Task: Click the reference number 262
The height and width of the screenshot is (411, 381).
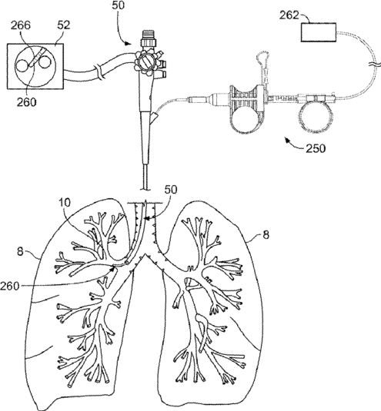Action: (x=289, y=15)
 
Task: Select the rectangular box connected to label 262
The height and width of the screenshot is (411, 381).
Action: (x=319, y=32)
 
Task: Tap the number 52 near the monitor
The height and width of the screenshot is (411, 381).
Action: (x=64, y=25)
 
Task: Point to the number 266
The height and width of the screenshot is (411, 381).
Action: (x=21, y=25)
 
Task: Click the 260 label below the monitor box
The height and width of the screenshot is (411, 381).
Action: (x=26, y=101)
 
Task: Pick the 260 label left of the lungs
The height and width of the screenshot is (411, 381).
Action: (x=10, y=286)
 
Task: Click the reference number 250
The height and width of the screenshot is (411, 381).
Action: (x=316, y=148)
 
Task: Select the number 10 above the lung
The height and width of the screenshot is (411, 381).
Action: (x=65, y=202)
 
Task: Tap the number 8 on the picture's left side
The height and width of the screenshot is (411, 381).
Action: (x=20, y=252)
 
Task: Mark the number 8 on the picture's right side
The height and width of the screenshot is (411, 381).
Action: (x=266, y=234)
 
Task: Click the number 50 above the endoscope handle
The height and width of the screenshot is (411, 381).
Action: (x=119, y=5)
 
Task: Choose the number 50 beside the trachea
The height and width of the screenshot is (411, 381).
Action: (x=171, y=189)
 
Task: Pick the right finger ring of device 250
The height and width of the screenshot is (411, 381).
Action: (x=315, y=116)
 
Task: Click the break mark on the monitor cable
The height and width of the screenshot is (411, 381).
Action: (x=100, y=74)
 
